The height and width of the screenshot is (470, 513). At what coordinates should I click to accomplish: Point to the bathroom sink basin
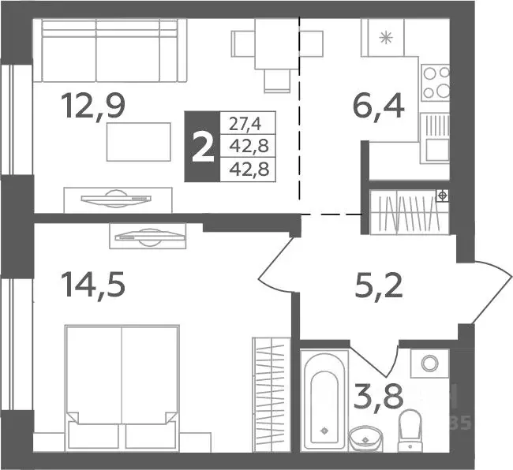[364, 435]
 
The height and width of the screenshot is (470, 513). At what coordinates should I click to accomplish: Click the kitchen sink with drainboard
[434, 138]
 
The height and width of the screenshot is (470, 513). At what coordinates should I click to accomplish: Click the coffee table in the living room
[139, 142]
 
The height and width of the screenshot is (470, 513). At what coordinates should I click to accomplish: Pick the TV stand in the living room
[117, 197]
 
